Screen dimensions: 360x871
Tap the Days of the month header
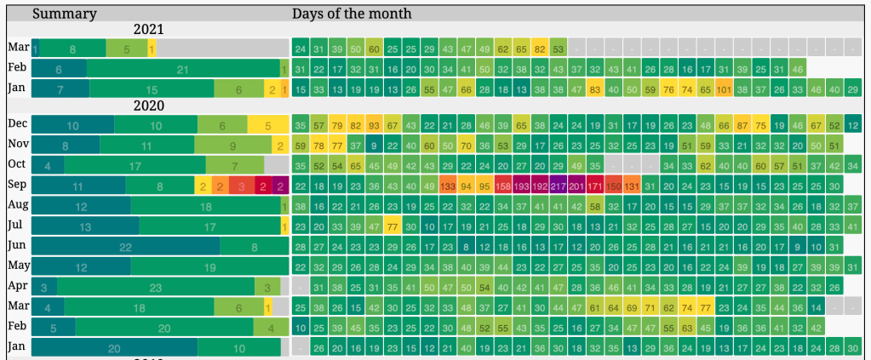point(352,14)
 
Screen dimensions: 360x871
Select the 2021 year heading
point(148,30)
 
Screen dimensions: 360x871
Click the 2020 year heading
point(148,106)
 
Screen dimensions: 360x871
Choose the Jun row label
point(18,245)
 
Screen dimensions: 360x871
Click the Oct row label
point(18,163)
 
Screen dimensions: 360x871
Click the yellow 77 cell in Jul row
point(392,226)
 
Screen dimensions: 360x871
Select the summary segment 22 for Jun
point(126,246)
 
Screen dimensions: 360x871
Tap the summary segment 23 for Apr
point(155,287)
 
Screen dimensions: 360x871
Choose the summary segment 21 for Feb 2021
point(182,69)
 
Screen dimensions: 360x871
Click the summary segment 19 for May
point(210,266)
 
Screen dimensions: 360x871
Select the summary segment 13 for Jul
point(85,226)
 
